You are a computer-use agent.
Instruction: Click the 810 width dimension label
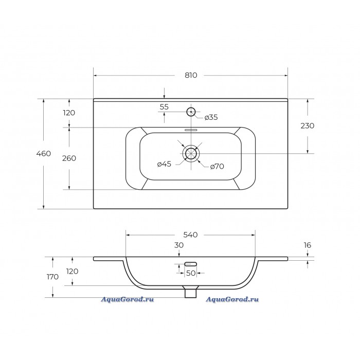click(x=191, y=75)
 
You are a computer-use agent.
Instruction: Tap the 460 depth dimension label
click(x=43, y=153)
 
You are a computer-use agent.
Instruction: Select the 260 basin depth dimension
click(x=69, y=158)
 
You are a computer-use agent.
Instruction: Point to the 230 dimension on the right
click(x=308, y=125)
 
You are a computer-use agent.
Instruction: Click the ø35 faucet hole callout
click(x=211, y=117)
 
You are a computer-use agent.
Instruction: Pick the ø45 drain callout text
click(x=164, y=164)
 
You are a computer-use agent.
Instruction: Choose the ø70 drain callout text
click(x=217, y=166)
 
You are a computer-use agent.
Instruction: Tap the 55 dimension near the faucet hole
click(x=164, y=107)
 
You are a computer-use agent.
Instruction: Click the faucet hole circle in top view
click(x=191, y=107)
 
